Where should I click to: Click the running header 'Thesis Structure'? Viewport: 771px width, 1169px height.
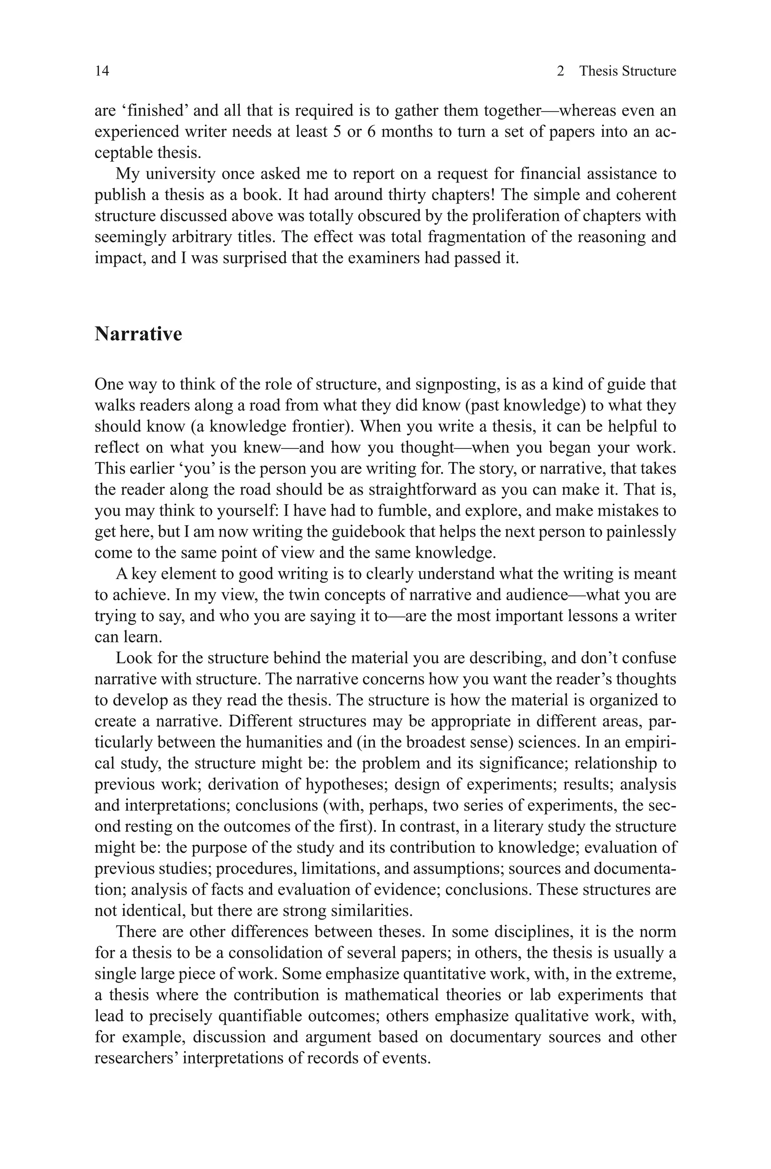point(628,71)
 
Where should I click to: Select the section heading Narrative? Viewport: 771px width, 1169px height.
point(138,334)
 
